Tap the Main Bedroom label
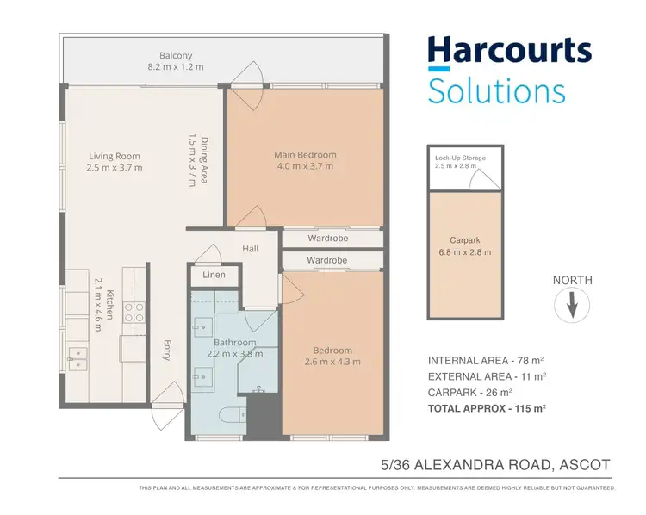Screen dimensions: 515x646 click(305, 155)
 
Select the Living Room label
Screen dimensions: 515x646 click(115, 157)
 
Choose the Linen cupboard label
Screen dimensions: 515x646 click(214, 275)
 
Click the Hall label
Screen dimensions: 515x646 click(251, 248)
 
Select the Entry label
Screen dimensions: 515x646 click(169, 351)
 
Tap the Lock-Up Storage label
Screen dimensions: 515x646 click(460, 158)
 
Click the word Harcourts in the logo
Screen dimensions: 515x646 click(510, 52)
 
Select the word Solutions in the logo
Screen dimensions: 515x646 click(496, 90)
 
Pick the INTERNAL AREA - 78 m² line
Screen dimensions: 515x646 click(487, 360)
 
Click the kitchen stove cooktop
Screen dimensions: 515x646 click(135, 312)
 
